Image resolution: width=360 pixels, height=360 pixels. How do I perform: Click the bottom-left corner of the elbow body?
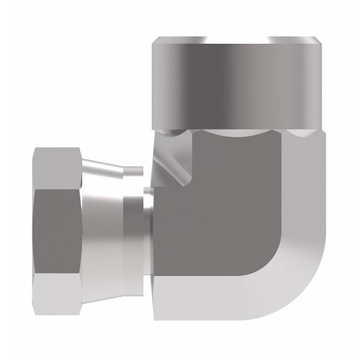click(157, 327)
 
